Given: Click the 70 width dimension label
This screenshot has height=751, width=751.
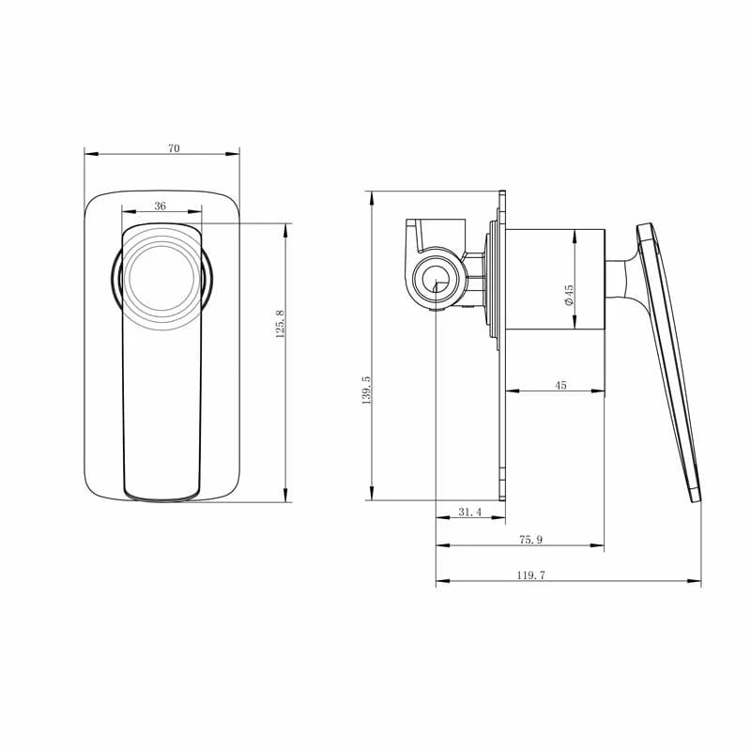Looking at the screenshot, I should [x=174, y=148].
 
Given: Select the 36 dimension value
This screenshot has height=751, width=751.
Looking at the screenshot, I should [x=161, y=206].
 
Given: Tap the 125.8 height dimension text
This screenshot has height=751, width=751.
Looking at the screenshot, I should [x=280, y=324].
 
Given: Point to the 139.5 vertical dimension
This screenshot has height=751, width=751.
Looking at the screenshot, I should [x=366, y=391].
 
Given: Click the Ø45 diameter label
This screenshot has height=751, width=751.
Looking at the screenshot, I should [x=569, y=295].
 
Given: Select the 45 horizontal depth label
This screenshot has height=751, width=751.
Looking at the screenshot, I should [x=561, y=385].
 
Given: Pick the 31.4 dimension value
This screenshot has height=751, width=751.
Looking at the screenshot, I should [x=469, y=512].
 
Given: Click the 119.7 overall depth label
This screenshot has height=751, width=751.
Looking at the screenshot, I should [x=530, y=575].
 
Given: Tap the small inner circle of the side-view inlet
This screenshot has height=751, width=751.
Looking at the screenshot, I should [x=434, y=278].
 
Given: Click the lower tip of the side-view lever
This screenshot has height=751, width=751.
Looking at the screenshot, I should [x=696, y=495].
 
